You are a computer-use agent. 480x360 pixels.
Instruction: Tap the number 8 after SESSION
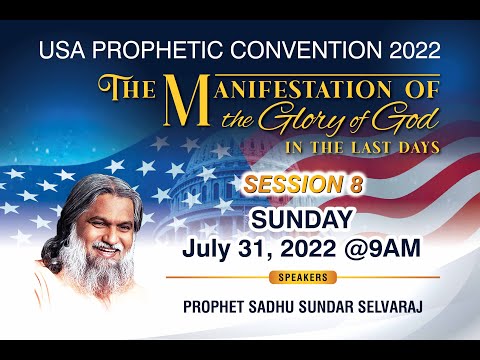click(x=356, y=186)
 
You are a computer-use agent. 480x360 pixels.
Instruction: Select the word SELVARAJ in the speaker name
click(x=385, y=299)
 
